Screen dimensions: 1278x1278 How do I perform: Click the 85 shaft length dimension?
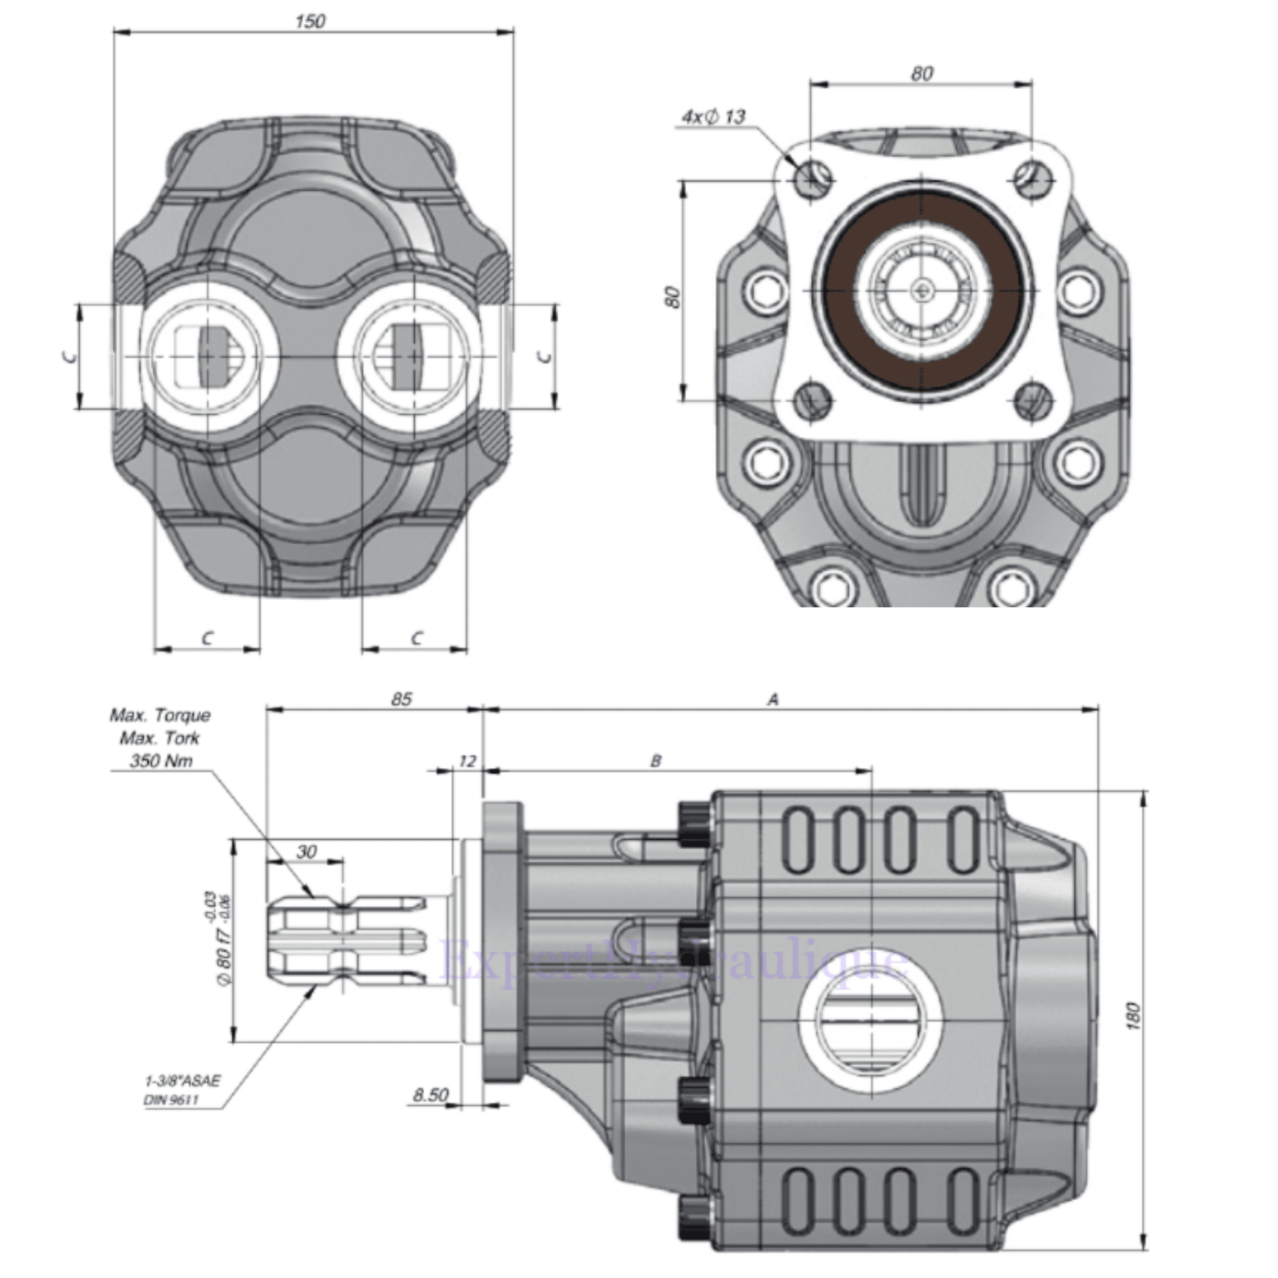(401, 698)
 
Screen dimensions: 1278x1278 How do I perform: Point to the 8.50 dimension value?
(431, 1095)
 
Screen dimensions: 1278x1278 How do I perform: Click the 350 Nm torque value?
(161, 761)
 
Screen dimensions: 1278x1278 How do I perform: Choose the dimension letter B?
(655, 761)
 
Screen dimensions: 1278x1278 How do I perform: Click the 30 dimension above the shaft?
(306, 851)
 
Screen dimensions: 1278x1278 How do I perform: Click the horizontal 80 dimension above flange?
(922, 73)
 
